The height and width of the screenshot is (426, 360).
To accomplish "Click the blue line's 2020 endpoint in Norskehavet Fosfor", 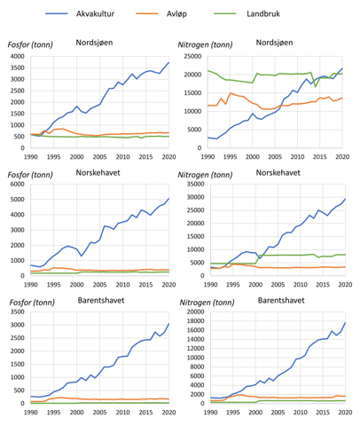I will [x=168, y=199].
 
